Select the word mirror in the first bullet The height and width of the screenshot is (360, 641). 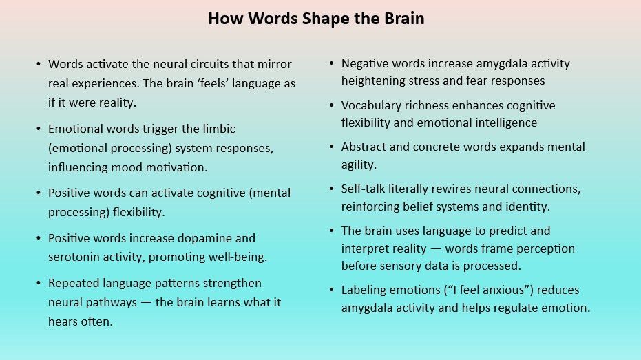point(274,64)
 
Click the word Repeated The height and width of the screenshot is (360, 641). point(72,284)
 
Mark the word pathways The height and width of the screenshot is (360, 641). point(105,302)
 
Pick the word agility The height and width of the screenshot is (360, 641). point(358,165)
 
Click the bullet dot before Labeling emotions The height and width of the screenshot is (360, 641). point(332,290)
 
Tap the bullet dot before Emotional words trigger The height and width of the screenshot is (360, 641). point(39,129)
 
